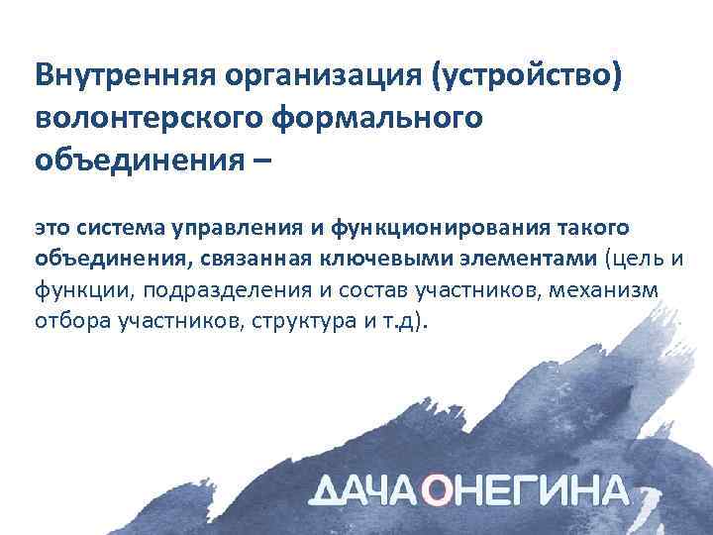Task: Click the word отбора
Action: [66, 322]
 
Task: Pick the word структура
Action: [306, 322]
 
